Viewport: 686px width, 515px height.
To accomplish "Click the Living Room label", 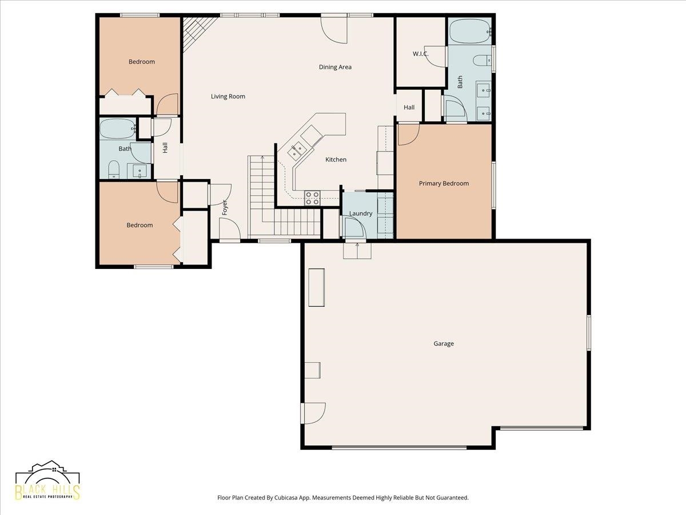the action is point(228,96).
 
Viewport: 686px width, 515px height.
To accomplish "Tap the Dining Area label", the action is point(335,67).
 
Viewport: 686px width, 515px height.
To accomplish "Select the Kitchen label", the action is point(336,160).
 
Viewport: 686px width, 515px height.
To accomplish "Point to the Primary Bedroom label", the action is point(444,184).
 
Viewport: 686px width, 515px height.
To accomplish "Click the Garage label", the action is point(444,344).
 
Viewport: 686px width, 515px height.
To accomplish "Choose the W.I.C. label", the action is point(420,54).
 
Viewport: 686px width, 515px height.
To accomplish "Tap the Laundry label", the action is point(361,213).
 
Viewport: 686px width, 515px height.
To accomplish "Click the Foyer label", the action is point(225,207).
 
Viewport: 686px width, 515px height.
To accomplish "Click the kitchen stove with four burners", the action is point(312,198).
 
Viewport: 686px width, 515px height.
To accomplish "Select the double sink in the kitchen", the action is point(296,150).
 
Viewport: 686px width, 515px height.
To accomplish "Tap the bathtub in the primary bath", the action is point(470,31).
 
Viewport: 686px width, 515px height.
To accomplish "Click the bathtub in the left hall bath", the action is point(118,129).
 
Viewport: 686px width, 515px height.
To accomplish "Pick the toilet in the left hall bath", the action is point(114,170).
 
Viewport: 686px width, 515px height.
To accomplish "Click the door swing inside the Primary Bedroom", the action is point(409,135).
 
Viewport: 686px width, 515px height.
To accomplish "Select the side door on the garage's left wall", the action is point(313,413).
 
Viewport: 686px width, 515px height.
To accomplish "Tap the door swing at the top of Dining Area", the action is point(334,30).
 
